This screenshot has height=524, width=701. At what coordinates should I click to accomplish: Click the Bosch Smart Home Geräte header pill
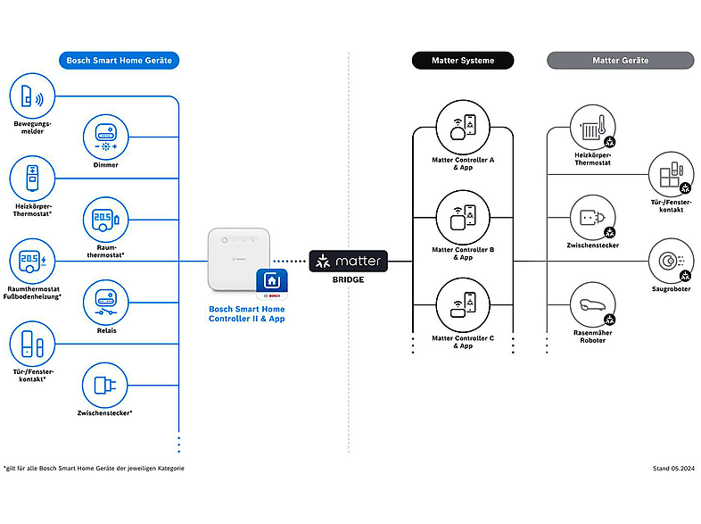click(x=120, y=61)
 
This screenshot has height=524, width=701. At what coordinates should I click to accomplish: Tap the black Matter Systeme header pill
click(x=464, y=61)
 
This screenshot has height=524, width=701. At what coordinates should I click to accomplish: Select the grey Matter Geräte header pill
click(x=620, y=61)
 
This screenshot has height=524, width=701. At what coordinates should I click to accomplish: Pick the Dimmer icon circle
click(x=105, y=136)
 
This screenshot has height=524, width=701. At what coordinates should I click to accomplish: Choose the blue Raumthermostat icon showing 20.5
click(x=105, y=219)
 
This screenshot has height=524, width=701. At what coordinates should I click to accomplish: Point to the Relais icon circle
click(x=105, y=302)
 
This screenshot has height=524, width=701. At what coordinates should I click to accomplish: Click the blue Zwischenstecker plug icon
click(x=105, y=385)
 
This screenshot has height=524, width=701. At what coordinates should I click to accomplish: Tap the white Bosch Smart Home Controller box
click(x=238, y=259)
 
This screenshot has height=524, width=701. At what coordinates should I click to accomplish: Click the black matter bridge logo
click(x=349, y=262)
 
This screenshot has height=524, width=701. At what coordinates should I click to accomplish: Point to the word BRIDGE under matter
click(x=348, y=279)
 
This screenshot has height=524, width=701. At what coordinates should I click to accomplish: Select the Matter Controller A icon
click(x=462, y=126)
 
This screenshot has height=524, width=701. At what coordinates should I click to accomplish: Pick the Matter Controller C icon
click(x=462, y=304)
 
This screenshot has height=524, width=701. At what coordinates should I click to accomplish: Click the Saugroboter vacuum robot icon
click(x=671, y=261)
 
